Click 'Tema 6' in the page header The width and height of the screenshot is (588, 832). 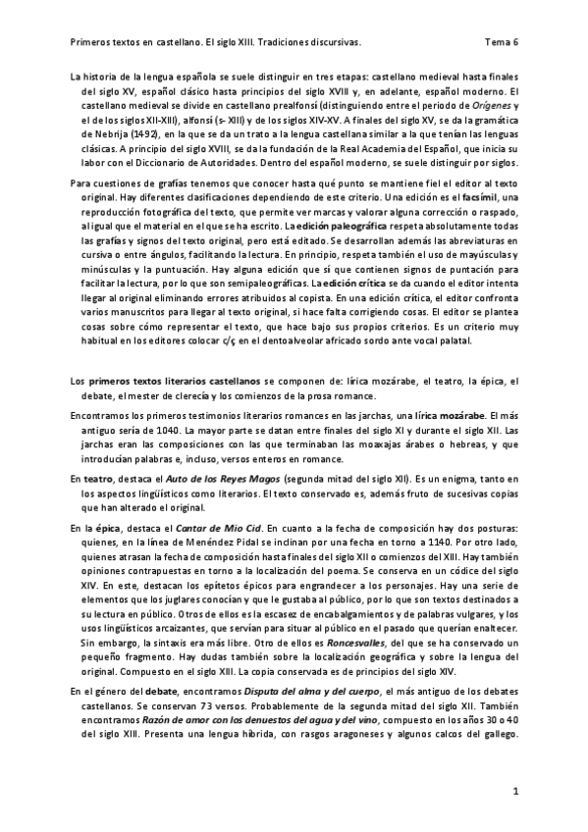(502, 43)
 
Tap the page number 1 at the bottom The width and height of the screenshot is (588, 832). (514, 790)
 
